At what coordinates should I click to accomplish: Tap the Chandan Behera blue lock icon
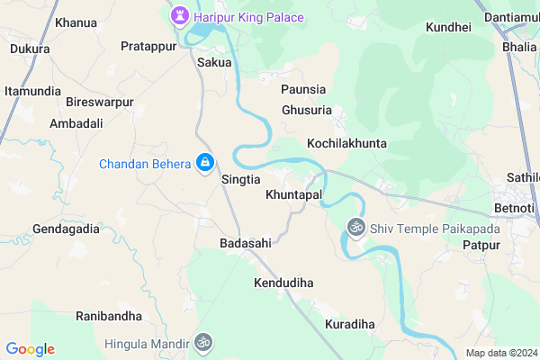(205, 163)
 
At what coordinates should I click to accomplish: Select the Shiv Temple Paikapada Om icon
(355, 229)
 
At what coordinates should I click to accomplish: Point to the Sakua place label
(214, 63)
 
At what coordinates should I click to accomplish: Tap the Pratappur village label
(147, 46)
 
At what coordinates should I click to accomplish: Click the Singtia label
(240, 180)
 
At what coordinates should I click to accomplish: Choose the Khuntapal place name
(293, 194)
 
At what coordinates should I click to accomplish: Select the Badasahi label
(246, 243)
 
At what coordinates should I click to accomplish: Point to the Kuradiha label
(349, 324)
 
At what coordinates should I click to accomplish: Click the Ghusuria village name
(307, 110)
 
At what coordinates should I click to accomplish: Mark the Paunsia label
(302, 90)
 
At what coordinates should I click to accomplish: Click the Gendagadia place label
(66, 229)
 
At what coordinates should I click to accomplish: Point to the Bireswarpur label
(99, 103)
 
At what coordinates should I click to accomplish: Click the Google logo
(30, 349)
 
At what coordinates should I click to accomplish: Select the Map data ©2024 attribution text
(499, 352)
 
